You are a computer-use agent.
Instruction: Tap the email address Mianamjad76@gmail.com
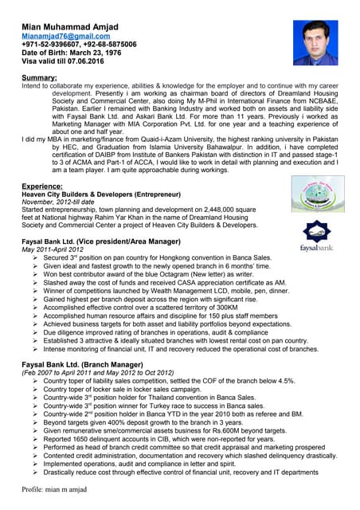65,36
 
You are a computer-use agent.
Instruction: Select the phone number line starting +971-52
79,45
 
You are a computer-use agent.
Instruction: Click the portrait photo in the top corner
315,42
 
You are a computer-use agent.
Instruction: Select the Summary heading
39,77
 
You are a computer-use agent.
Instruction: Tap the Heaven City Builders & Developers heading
100,194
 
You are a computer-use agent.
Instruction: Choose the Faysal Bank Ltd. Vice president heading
101,241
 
